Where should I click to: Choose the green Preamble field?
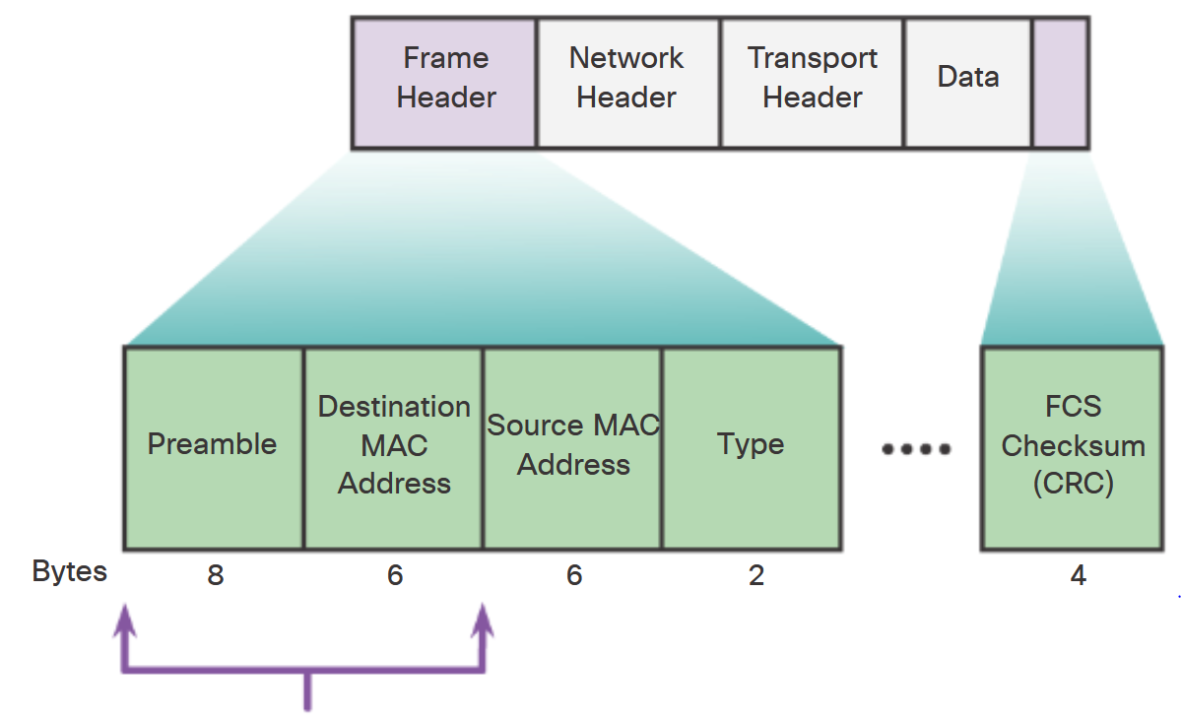pos(213,445)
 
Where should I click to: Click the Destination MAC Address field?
pos(394,445)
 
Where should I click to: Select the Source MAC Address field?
pos(573,445)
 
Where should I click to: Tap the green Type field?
pos(752,445)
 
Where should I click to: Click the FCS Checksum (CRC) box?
pos(1073,445)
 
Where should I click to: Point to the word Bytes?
pos(69,572)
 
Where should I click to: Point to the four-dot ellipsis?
pos(916,449)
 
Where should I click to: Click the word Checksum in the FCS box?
pos(1073,446)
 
